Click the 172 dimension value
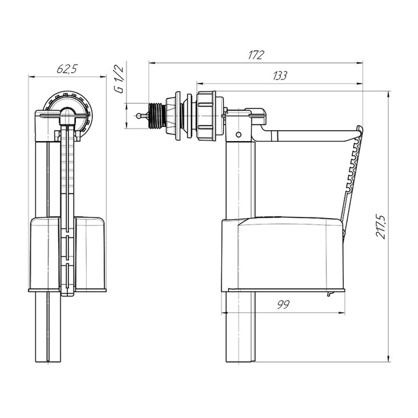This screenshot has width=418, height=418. tap(256, 55)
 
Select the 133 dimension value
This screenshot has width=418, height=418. tap(280, 76)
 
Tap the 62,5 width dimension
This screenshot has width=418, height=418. tap(67, 69)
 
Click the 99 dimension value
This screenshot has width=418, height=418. tap(283, 305)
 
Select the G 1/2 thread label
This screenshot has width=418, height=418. tap(119, 79)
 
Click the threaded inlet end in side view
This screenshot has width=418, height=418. tap(157, 115)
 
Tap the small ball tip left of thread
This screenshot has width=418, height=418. tap(138, 115)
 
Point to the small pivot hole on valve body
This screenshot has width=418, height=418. tap(239, 134)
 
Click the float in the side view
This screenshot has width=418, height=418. tap(283, 254)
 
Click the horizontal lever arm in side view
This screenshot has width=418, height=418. tap(309, 135)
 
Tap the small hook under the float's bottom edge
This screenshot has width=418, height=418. tap(330, 293)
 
